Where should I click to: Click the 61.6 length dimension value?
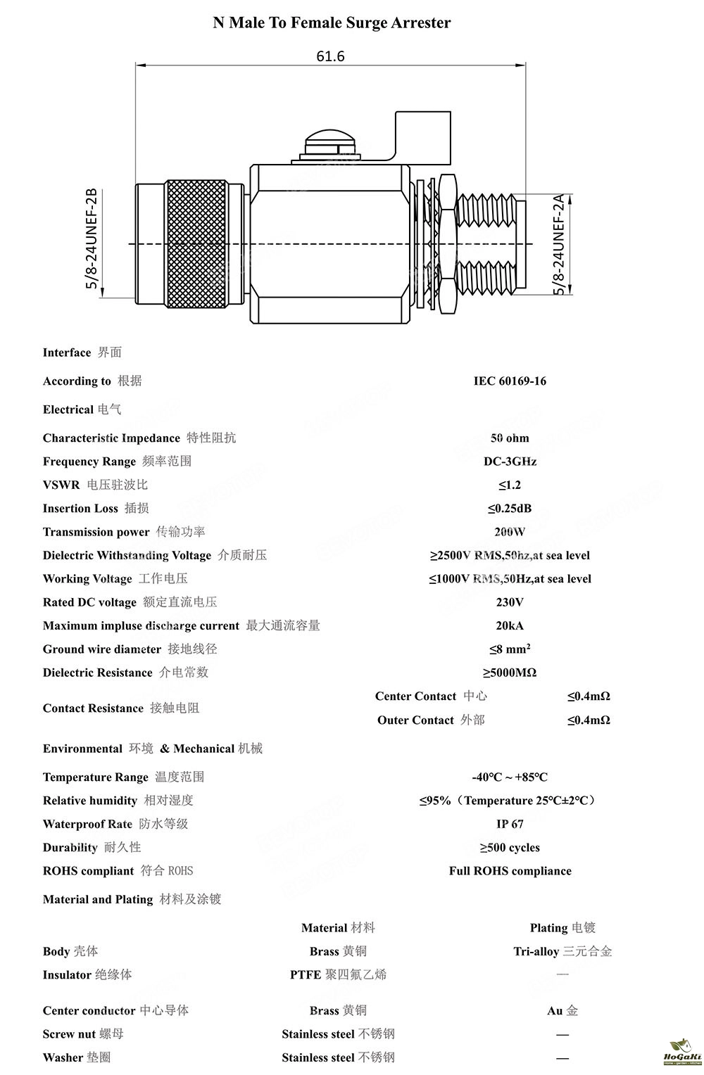(x=330, y=56)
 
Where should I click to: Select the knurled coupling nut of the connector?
(x=196, y=244)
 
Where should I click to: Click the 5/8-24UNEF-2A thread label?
(x=559, y=245)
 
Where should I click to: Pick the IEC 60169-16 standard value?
(x=510, y=381)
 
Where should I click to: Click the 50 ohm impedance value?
(x=510, y=438)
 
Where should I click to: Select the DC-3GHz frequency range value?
(x=510, y=462)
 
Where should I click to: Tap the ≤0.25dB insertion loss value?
(x=510, y=509)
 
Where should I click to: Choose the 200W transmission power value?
(x=510, y=532)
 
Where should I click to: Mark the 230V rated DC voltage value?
(x=510, y=602)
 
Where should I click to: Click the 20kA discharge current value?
(x=510, y=625)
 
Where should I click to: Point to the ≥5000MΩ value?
(x=510, y=673)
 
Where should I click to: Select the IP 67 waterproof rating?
(x=510, y=824)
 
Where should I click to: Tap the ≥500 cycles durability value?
(x=510, y=848)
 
